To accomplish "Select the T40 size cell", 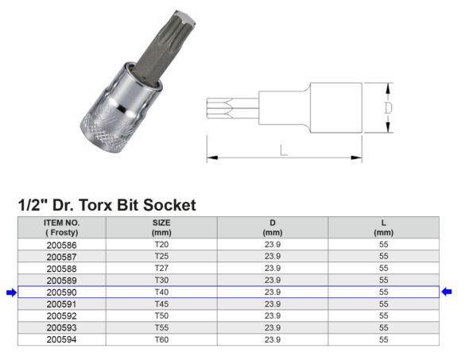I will [x=161, y=292].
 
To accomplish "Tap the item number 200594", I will [x=61, y=339].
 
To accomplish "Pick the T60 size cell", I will [x=161, y=339].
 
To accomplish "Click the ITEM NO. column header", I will [x=61, y=227].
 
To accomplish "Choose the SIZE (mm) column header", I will [x=161, y=227].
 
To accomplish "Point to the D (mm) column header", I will [x=273, y=227].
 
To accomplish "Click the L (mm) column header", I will [x=384, y=227].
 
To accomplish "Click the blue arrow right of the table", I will [x=447, y=292].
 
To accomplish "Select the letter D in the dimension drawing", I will [x=387, y=107].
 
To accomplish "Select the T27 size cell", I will [x=161, y=269].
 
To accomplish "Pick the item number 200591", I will [x=61, y=304].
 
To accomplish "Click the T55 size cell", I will [x=161, y=327].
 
